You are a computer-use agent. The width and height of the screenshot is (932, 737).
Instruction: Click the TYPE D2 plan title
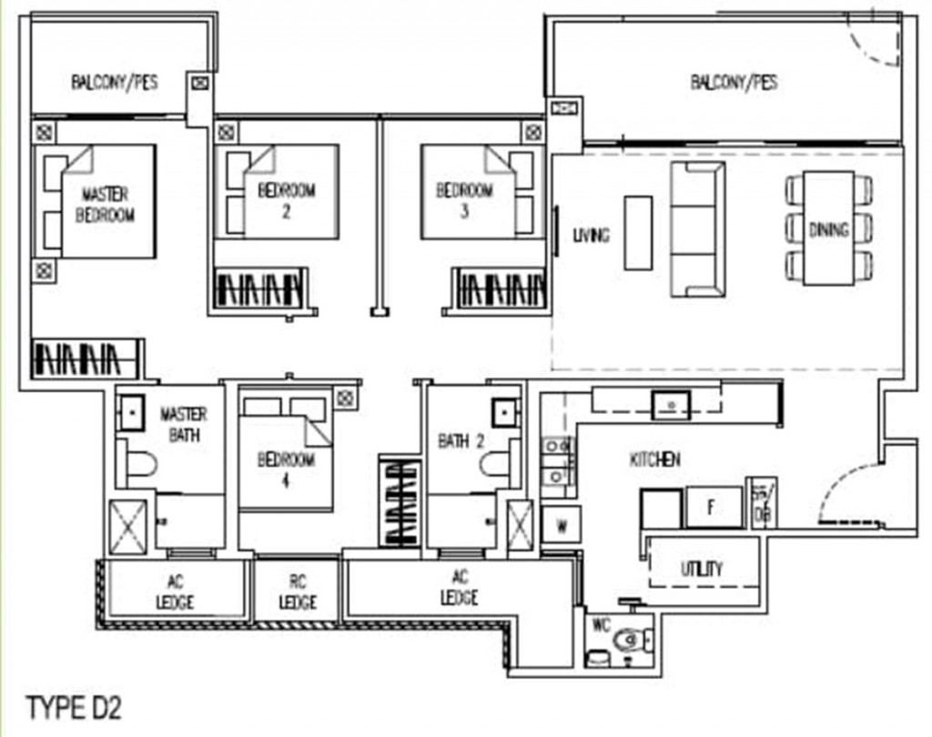click(74, 707)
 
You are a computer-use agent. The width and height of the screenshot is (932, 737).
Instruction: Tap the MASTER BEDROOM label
click(105, 205)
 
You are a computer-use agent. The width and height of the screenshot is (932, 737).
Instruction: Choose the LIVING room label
click(591, 236)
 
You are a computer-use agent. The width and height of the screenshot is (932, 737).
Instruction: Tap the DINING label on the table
click(828, 229)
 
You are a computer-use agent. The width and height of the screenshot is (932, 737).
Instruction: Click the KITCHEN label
click(655, 460)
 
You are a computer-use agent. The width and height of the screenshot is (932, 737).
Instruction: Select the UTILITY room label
click(702, 570)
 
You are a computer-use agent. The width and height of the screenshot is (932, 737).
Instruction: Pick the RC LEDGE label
click(298, 593)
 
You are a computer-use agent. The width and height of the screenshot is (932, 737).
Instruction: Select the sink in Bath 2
click(502, 413)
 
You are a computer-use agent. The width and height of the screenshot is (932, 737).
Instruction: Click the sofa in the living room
click(697, 229)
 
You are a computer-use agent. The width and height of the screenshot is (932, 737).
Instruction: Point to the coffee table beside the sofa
click(638, 232)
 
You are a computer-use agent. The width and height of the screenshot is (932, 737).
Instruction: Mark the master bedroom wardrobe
click(86, 358)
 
